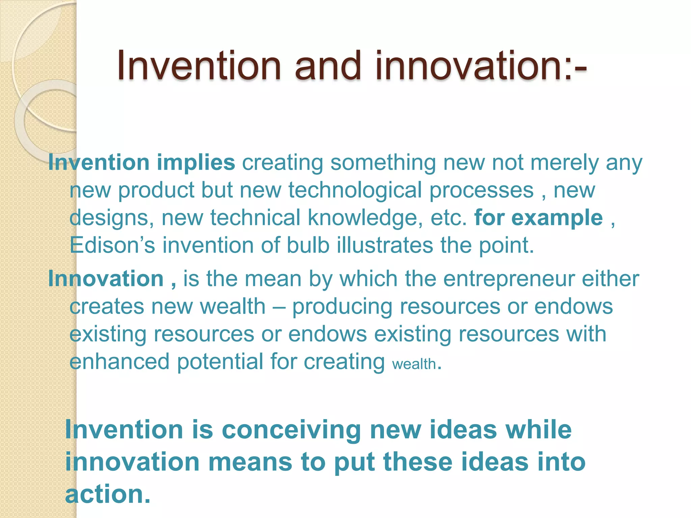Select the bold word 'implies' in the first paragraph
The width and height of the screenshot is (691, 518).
click(196, 163)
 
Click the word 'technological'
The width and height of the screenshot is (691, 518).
click(355, 190)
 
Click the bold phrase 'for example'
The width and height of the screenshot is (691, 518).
click(538, 218)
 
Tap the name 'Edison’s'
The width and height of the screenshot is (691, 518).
click(112, 245)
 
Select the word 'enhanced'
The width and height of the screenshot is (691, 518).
click(119, 362)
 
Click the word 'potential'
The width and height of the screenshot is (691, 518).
click(220, 362)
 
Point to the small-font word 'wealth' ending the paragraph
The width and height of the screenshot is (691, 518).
click(414, 365)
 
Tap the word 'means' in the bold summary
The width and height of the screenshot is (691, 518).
click(250, 462)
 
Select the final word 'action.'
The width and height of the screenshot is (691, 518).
click(107, 494)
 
